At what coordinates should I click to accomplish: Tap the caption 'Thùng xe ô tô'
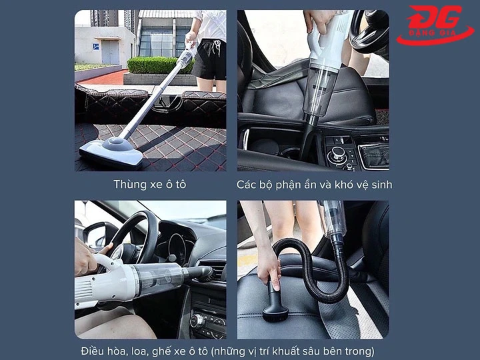[149, 184]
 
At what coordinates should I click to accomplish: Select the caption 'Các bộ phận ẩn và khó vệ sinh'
[314, 184]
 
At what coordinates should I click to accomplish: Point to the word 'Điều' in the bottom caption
[92, 351]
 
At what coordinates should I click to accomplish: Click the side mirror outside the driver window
[94, 233]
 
